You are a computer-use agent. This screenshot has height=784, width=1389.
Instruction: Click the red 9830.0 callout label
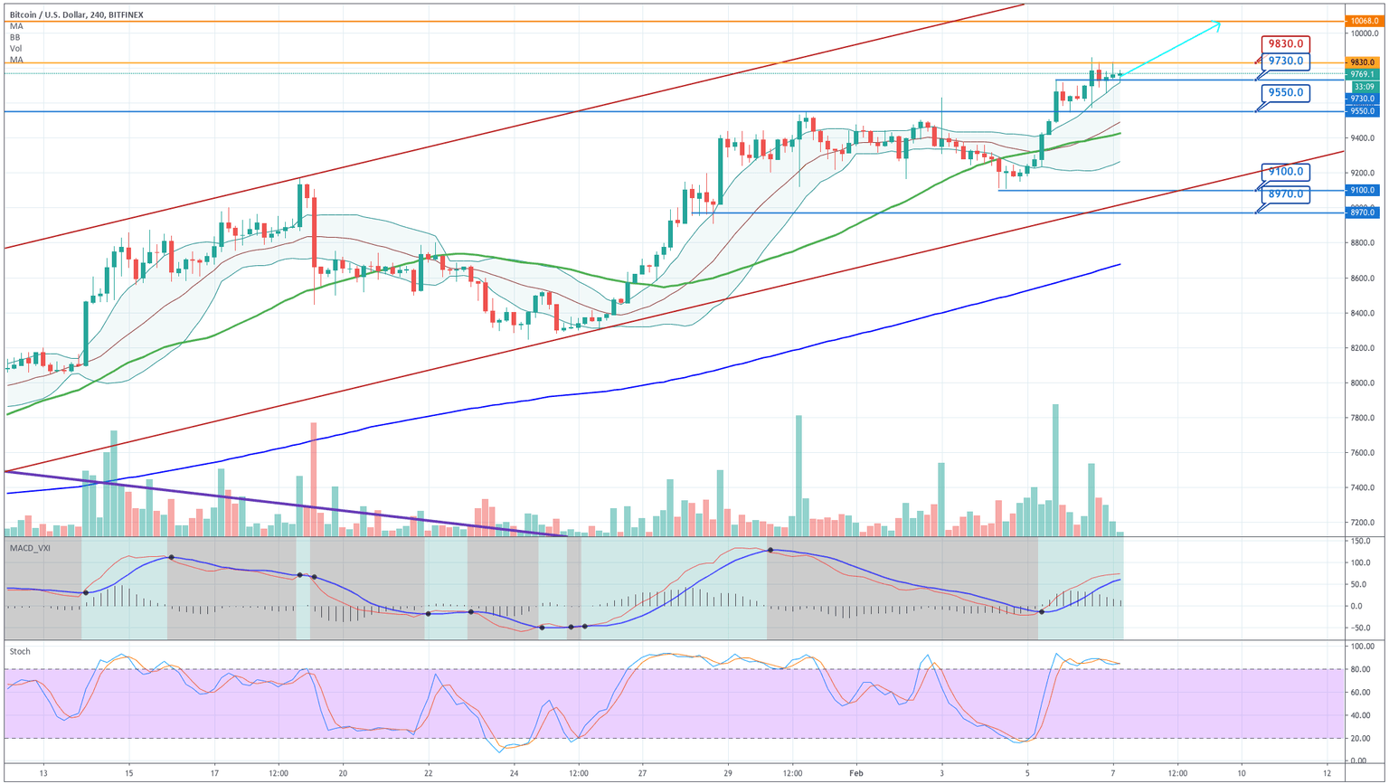(x=1285, y=43)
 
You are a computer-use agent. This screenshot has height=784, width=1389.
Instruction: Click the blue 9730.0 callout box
(x=1285, y=61)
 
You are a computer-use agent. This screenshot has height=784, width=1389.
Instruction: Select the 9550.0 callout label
(x=1285, y=92)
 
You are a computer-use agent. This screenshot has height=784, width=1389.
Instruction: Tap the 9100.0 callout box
(x=1285, y=172)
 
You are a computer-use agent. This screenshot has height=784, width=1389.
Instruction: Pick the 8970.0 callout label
(x=1285, y=194)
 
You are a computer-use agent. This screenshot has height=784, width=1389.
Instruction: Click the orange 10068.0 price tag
(x=1363, y=21)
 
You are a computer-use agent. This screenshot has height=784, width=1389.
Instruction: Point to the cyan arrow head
(x=1217, y=25)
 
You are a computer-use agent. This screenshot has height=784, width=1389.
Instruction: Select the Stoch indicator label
(x=19, y=651)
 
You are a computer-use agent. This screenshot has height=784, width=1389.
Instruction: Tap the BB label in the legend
(x=15, y=37)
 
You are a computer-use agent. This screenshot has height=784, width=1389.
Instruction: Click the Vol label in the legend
(x=16, y=49)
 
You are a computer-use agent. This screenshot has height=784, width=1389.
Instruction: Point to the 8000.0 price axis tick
(x=1363, y=383)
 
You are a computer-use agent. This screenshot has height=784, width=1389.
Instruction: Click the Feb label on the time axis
(x=855, y=773)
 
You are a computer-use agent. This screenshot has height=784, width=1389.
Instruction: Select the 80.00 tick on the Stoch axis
(x=1362, y=669)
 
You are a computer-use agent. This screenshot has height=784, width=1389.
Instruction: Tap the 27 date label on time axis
(x=642, y=773)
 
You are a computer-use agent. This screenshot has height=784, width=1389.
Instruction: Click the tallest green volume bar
(x=1055, y=470)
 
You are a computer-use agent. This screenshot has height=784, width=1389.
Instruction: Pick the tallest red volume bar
(x=314, y=479)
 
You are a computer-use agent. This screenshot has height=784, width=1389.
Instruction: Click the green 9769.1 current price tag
(x=1363, y=74)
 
